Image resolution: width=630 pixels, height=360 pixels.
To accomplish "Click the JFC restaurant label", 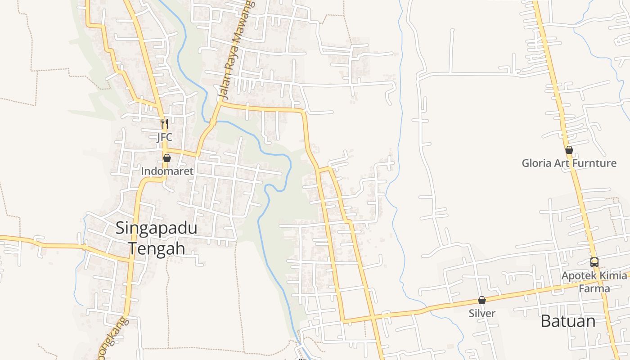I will pyautogui.click(x=164, y=137).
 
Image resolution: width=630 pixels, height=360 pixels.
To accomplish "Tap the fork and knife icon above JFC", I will pyautogui.click(x=164, y=123).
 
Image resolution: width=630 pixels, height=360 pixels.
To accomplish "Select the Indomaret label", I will pyautogui.click(x=167, y=171).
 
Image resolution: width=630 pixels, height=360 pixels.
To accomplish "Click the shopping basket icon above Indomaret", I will pyautogui.click(x=167, y=158).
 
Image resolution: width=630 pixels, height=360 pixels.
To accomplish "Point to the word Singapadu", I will pyautogui.click(x=156, y=228).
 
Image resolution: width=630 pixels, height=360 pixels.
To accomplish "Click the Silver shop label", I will pyautogui.click(x=482, y=314).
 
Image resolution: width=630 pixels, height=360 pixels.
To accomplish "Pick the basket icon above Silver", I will pyautogui.click(x=482, y=300).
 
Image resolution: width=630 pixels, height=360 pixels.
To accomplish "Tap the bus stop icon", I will pyautogui.click(x=594, y=262).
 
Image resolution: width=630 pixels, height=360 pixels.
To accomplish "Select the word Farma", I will pyautogui.click(x=594, y=288).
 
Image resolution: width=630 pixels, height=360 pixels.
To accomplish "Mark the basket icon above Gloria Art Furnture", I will pyautogui.click(x=569, y=150).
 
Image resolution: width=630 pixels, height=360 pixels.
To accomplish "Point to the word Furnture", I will pyautogui.click(x=594, y=163).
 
